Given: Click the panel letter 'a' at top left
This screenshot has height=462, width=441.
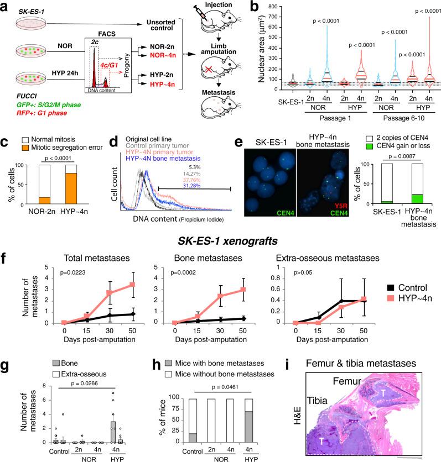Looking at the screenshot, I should click(6, 6).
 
